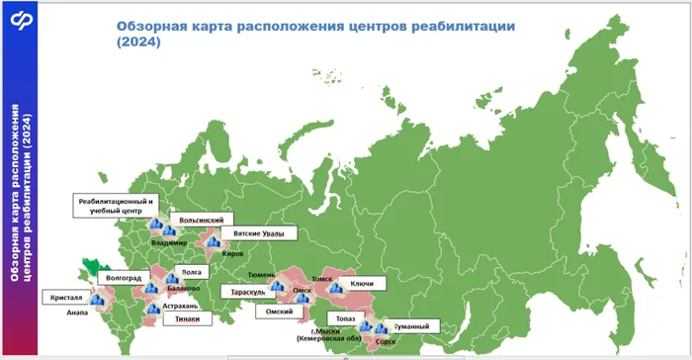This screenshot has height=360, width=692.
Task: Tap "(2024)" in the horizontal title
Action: [x=137, y=43]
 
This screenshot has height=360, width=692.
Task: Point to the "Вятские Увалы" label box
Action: [x=254, y=233]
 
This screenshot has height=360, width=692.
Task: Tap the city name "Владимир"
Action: [x=170, y=242]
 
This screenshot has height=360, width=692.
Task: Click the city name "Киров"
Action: [x=232, y=253]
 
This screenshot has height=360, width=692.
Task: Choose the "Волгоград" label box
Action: [x=124, y=278]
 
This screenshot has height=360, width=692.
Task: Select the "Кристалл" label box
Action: [x=65, y=297]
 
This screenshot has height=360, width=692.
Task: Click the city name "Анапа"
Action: [x=77, y=313]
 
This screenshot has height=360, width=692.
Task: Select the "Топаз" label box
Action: [x=344, y=318]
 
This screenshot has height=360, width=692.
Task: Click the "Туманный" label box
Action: [x=410, y=326]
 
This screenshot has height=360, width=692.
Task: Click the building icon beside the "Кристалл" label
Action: [x=96, y=297]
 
